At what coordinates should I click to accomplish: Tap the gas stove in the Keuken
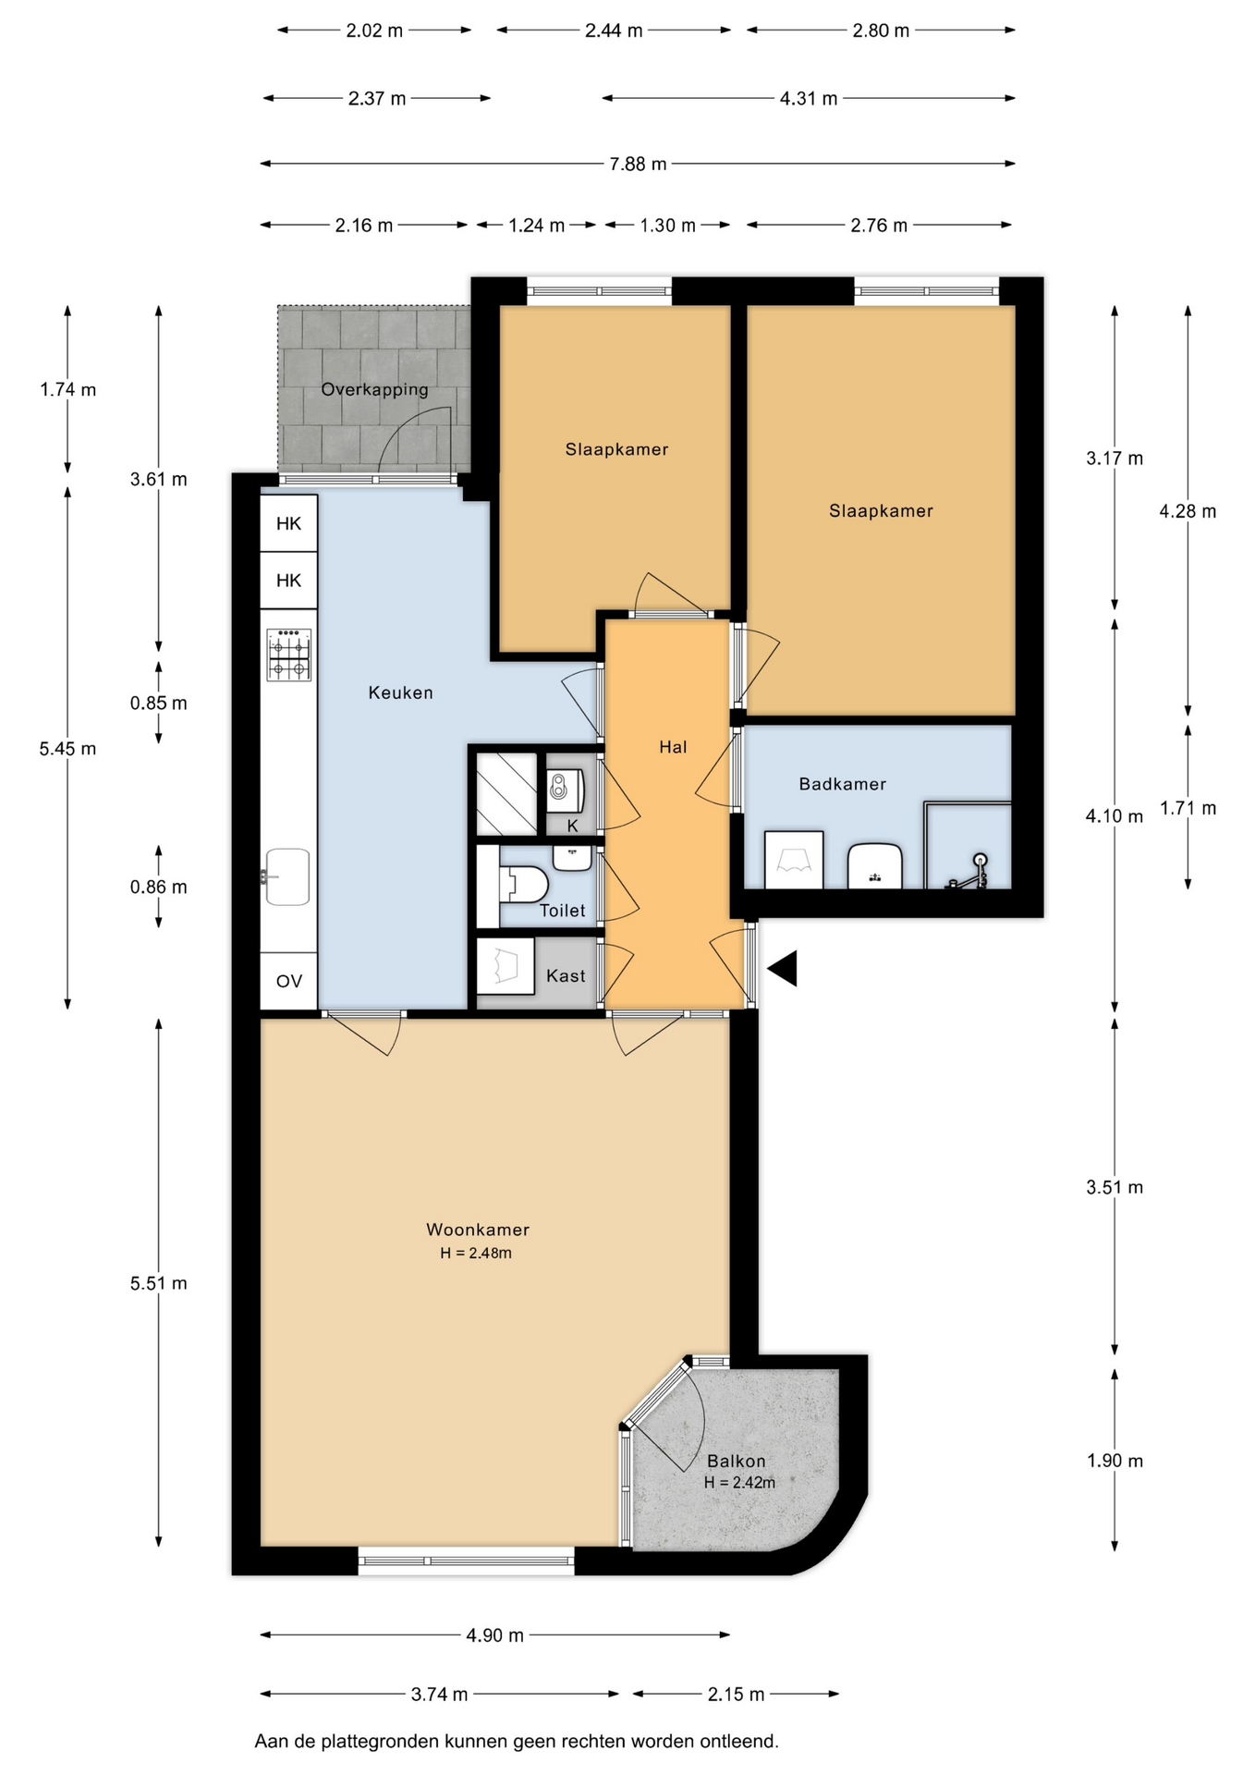(x=289, y=655)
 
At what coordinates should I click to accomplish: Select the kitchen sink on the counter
(x=286, y=876)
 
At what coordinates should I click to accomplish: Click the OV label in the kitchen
(x=289, y=981)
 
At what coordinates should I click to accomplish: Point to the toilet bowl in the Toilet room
(x=523, y=884)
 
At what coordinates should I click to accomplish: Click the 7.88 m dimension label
(x=638, y=164)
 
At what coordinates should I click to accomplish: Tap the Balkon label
(x=737, y=1461)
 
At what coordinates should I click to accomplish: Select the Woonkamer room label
(x=478, y=1230)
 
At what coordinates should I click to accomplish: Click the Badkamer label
(x=843, y=784)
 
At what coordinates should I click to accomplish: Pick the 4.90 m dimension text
(x=494, y=1635)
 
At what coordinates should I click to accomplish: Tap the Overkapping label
(x=375, y=389)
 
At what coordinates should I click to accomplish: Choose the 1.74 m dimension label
(x=67, y=389)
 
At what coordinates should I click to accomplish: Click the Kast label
(x=566, y=975)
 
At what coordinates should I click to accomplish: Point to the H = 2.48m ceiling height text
(x=476, y=1254)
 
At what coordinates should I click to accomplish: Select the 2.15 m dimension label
(x=736, y=1695)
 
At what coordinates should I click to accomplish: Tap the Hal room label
(x=673, y=747)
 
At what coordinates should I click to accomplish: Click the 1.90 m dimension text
(x=1115, y=1461)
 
